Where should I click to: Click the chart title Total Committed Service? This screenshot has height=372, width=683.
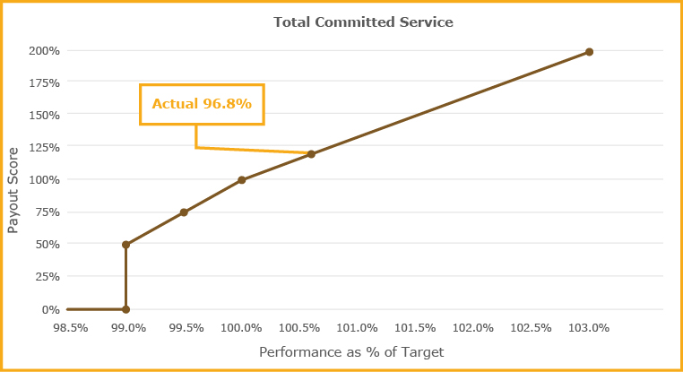(351, 22)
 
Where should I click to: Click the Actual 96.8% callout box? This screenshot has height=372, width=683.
(202, 104)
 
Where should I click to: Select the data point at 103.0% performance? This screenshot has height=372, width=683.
(589, 52)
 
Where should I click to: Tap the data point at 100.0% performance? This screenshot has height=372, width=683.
(242, 180)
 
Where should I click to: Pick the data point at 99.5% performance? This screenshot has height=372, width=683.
(184, 212)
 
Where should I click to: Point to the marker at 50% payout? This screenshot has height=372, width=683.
(125, 245)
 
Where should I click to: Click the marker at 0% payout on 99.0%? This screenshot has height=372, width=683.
(125, 309)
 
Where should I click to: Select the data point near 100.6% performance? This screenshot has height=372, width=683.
(311, 154)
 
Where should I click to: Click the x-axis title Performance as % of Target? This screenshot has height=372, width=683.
(351, 352)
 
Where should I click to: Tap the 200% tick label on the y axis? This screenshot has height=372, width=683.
(45, 50)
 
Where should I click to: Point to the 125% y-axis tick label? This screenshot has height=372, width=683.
(45, 147)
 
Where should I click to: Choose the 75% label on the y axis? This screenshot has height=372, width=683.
(48, 212)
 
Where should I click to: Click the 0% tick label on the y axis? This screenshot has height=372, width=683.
(51, 309)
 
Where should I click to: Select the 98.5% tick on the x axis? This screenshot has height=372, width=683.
(70, 327)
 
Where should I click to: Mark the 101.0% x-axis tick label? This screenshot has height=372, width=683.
(358, 327)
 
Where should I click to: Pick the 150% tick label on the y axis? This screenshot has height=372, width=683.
(45, 115)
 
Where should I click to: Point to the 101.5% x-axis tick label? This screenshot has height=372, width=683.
(415, 327)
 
